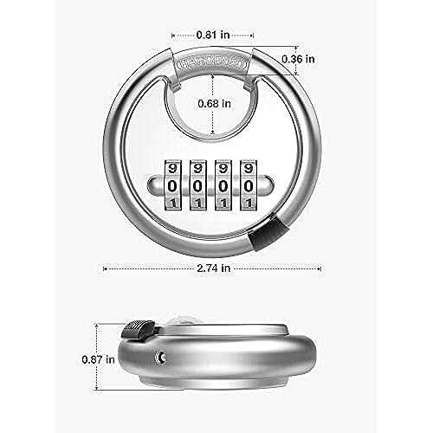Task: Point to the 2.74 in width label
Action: pos(212,268)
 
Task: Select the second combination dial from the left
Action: pos(200,184)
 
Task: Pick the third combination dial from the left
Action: pos(223,184)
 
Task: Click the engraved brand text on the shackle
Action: pos(211,63)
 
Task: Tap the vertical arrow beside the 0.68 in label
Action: pos(211,102)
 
